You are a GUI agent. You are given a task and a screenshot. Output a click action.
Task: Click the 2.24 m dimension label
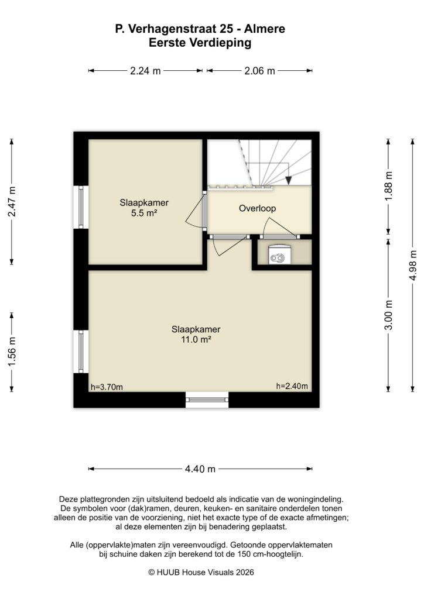pos(145,71)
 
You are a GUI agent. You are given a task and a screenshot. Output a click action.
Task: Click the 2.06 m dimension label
pos(259,71)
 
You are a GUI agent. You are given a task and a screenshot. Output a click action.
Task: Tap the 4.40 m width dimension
pos(200,469)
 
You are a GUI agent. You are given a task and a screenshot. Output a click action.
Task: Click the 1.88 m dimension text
pos(388,186)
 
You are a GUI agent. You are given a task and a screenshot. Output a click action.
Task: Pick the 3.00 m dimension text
pos(388,315)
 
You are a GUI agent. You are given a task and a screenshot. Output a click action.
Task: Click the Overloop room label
pos(257,208)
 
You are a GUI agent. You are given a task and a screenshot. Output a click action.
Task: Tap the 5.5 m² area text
pos(144,214)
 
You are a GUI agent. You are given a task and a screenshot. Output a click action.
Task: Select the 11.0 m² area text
pos(200,339)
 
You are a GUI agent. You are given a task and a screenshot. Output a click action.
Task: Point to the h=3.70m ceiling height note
pos(107,387)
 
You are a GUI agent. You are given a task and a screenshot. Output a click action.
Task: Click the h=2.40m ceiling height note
pos(292,386)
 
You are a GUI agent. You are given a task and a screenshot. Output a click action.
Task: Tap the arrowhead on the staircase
pos(288,180)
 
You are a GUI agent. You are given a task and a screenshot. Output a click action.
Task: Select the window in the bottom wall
pos(207,401)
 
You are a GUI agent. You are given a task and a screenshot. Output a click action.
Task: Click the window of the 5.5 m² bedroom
pos(80,207)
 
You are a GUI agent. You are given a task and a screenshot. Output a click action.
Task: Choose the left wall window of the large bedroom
pos(80,351)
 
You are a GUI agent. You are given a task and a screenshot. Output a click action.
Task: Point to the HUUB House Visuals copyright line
pos(201,573)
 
